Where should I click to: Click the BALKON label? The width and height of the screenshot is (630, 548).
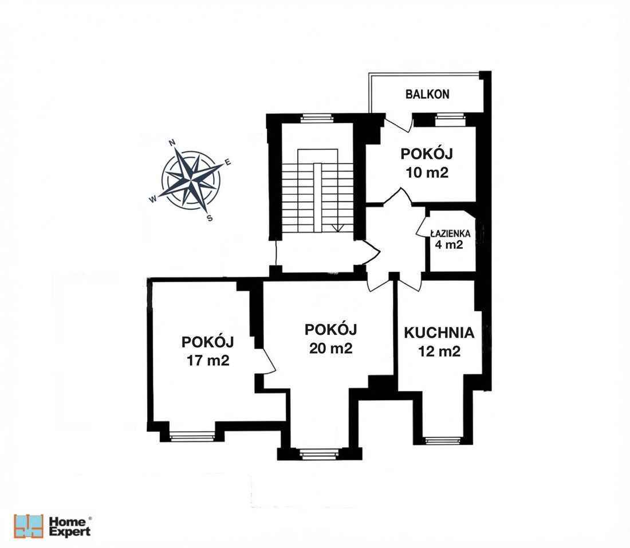point(427,95)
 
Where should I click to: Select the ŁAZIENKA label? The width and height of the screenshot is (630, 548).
point(451,234)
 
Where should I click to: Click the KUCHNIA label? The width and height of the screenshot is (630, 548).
point(439,332)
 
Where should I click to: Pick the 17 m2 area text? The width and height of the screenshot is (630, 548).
point(207,361)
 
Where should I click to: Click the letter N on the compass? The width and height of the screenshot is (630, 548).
point(172,143)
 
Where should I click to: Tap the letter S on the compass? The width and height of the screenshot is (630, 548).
point(210,218)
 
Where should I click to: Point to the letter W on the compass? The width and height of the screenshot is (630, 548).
point(153,199)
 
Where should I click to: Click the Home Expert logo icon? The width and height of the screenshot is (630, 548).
point(29,526)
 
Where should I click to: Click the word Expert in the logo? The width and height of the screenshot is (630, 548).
point(70,532)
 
